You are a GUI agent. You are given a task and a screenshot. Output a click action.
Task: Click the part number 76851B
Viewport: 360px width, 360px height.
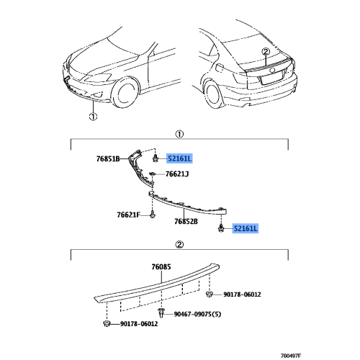pyautogui.click(x=108, y=159)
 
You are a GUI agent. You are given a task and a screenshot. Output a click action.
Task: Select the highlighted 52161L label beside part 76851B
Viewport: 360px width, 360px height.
pyautogui.click(x=179, y=158)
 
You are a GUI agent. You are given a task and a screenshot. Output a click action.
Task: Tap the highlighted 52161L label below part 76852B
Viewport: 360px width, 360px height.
pyautogui.click(x=246, y=228)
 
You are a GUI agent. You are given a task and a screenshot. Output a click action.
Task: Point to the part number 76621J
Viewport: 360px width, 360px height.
pyautogui.click(x=177, y=174)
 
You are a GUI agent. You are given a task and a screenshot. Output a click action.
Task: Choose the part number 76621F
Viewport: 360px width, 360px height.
pyautogui.click(x=128, y=215)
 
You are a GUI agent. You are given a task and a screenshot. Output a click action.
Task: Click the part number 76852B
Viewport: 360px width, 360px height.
pyautogui.click(x=186, y=221)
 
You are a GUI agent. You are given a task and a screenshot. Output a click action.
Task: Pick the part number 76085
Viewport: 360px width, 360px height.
pyautogui.click(x=161, y=267)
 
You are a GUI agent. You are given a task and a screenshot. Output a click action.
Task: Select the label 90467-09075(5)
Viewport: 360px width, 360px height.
pyautogui.click(x=197, y=314)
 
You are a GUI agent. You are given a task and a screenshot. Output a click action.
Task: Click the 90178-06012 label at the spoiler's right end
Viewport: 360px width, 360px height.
pyautogui.click(x=242, y=294)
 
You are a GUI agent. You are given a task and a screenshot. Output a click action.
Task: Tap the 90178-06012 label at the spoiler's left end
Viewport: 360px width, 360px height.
pyautogui.click(x=139, y=324)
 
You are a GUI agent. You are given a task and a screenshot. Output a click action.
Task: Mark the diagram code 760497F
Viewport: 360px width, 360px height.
pyautogui.click(x=291, y=356)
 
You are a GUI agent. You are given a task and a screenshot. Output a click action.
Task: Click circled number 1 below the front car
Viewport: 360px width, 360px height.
pyautogui.click(x=93, y=117)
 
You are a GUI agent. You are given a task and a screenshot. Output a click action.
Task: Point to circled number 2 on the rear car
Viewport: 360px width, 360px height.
pyautogui.click(x=266, y=52)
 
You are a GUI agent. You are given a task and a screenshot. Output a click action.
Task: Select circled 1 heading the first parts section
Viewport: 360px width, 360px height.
pyautogui.click(x=179, y=134)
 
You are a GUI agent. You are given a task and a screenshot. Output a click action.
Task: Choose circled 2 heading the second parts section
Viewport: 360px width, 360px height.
pyautogui.click(x=179, y=245)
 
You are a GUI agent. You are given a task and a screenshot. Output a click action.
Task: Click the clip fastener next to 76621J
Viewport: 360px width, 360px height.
pyautogui.click(x=152, y=174)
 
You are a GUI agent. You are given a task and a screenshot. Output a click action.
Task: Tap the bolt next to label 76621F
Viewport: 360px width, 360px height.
pyautogui.click(x=152, y=214)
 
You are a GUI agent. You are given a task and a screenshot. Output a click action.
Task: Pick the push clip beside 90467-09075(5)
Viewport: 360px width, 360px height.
pyautogui.click(x=161, y=313)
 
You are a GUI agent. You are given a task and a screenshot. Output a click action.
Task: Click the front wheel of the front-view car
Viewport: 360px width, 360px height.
pyautogui.click(x=125, y=93)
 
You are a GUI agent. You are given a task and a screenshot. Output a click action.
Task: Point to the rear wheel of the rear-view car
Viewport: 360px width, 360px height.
pyautogui.click(x=212, y=94)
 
